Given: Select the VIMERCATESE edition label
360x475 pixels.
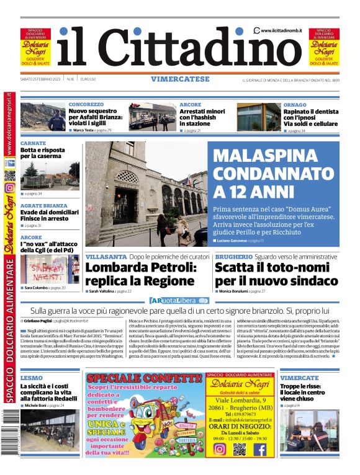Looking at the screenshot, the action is (181, 79).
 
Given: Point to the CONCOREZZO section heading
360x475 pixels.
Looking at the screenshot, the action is (86, 105).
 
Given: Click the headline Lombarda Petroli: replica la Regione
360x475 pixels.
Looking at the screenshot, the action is (140, 274).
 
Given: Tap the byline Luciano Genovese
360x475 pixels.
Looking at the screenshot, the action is (233, 241).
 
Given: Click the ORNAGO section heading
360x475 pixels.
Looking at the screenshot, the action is (295, 105).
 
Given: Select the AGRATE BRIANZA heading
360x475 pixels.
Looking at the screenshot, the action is (43, 205).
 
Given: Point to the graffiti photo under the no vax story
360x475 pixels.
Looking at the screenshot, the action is (50, 269).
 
